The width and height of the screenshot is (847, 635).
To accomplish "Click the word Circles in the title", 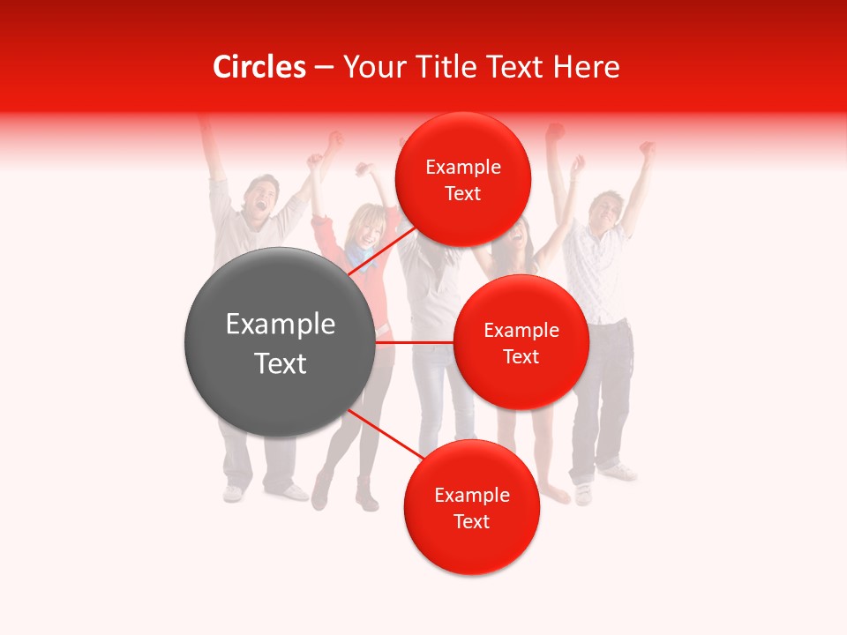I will tap(259, 67).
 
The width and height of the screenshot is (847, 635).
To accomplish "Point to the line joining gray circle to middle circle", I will tap(415, 342).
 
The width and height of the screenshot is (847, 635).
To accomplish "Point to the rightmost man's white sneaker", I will tap(619, 472).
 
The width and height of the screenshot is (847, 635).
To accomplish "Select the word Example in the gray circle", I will tap(281, 325).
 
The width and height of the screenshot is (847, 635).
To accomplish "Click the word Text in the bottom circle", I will tap(471, 521).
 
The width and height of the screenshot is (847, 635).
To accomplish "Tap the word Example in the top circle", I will tap(463, 167).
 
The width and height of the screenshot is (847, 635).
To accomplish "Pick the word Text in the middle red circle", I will tap(521, 356).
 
